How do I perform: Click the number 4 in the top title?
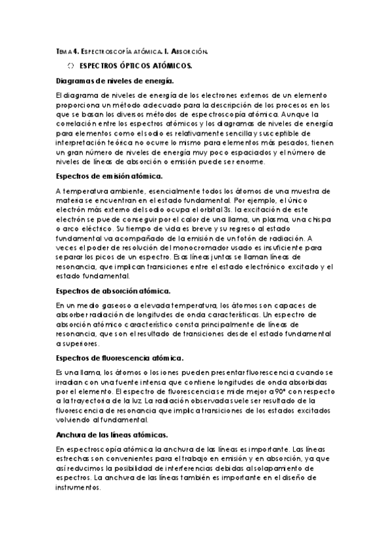[76, 50]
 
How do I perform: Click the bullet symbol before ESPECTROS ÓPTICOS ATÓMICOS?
[70, 66]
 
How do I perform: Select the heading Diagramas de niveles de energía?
[114, 80]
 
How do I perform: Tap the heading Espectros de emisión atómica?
[110, 176]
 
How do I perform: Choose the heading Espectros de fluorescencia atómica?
[119, 357]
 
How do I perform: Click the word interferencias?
[206, 468]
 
